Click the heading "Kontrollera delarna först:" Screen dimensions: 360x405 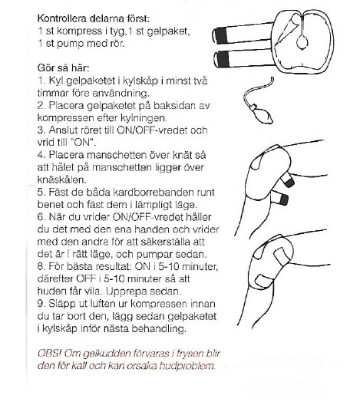point(94,18)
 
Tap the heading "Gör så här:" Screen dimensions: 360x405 point(63,68)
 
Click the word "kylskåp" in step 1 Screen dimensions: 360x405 point(140,81)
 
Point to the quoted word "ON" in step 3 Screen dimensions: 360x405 point(84,143)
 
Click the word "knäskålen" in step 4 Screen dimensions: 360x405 point(61,179)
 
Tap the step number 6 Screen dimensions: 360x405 point(41,217)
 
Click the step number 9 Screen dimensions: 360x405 point(41,304)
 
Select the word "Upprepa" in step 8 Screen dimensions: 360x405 point(127,291)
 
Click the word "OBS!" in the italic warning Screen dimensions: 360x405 point(49,354)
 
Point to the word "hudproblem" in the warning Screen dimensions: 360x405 point(187,366)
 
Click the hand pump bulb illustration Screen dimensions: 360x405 point(262,114)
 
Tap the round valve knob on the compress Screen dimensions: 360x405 point(302,42)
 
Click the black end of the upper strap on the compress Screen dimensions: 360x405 point(220,36)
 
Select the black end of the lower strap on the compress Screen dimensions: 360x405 point(222,59)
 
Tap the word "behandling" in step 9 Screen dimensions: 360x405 point(159,329)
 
